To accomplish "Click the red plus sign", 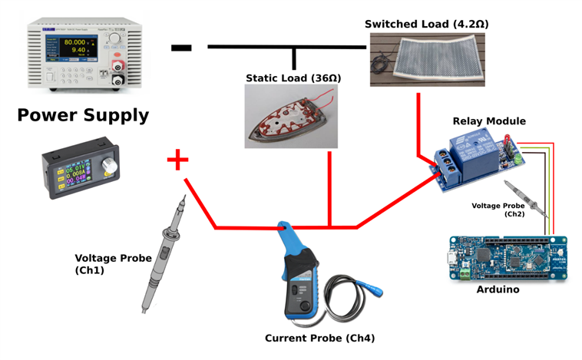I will [177, 160].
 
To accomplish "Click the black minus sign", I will [181, 48].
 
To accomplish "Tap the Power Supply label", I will [83, 115].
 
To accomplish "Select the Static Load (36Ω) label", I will [293, 78].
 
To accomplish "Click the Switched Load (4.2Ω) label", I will [426, 25].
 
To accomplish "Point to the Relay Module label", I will [489, 121].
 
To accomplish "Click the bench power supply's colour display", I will [64, 47].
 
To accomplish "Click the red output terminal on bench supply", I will [117, 67].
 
